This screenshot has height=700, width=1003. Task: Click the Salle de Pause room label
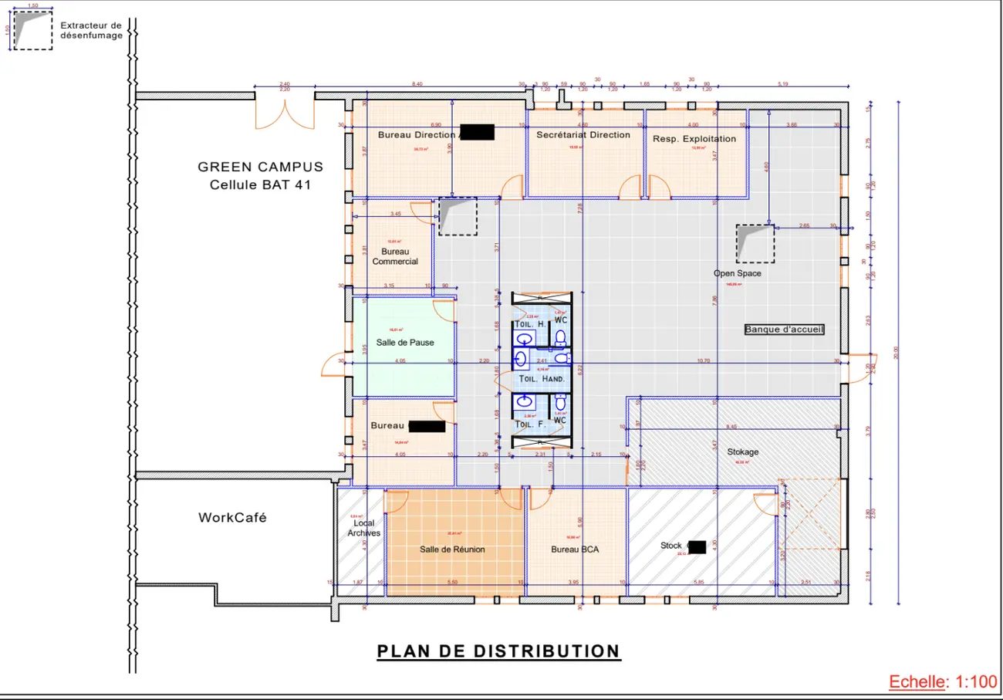(x=405, y=342)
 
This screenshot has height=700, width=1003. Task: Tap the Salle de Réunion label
(x=452, y=550)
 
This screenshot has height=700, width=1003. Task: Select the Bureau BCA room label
(x=575, y=550)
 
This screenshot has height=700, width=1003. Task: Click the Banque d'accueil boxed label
(x=785, y=330)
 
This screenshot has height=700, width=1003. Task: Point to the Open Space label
(x=737, y=273)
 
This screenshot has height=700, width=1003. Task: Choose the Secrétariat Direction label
(x=583, y=135)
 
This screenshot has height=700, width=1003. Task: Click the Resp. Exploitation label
(x=694, y=139)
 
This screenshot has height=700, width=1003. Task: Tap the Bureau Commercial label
(x=395, y=256)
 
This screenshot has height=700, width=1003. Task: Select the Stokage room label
(x=742, y=451)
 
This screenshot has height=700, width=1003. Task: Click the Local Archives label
(x=363, y=528)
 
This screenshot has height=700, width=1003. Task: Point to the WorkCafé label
(x=232, y=518)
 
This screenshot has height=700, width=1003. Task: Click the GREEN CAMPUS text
(x=260, y=167)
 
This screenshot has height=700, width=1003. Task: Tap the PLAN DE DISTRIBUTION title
(x=498, y=651)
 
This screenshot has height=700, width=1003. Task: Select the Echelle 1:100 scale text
(x=943, y=681)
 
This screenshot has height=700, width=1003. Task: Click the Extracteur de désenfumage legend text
(x=91, y=30)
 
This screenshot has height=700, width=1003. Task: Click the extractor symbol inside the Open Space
(x=754, y=243)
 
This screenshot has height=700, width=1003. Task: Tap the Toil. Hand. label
(x=542, y=379)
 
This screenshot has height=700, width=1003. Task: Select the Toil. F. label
(x=530, y=424)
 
